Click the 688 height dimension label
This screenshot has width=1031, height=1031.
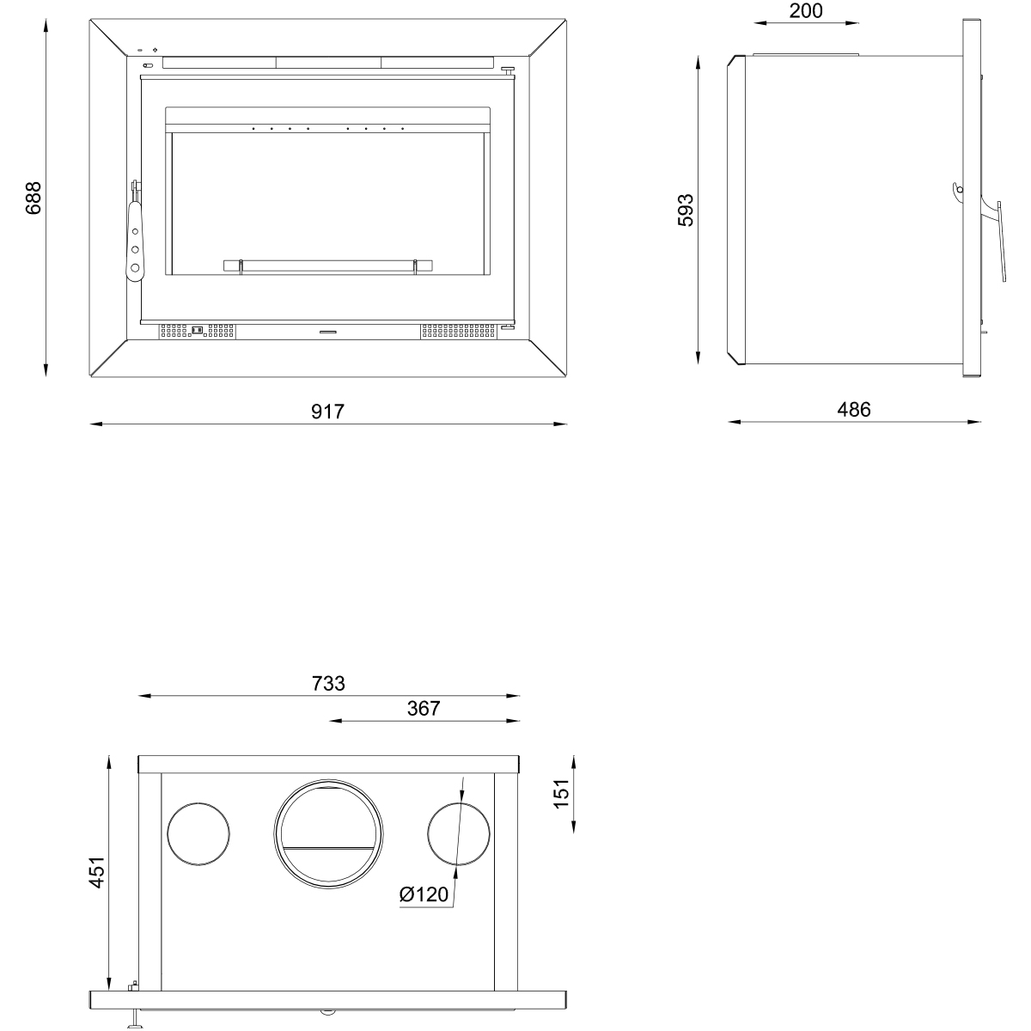[33, 198]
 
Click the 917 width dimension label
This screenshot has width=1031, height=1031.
[326, 412]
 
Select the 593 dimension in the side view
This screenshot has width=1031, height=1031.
[686, 210]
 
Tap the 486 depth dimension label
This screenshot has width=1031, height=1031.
[853, 410]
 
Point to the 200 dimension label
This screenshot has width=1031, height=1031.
[805, 11]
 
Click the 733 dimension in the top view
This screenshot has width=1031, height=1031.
[328, 683]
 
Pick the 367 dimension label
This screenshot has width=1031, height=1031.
[424, 708]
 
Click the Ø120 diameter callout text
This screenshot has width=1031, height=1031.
[424, 894]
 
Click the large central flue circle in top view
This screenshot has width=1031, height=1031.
[326, 833]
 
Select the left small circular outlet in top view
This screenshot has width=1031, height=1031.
[198, 833]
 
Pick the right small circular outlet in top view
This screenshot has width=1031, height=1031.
[459, 833]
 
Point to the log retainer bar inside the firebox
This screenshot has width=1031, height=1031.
[326, 265]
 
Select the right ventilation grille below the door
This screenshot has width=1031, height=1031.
[460, 329]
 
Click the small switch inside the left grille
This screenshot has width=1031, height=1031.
[197, 329]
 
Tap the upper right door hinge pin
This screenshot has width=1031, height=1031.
[508, 71]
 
